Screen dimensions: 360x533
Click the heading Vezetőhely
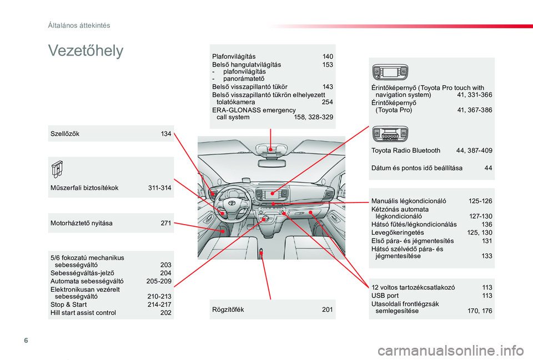coord(86,51)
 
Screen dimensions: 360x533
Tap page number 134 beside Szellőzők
coord(166,134)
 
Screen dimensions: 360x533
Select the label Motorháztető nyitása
coord(82,223)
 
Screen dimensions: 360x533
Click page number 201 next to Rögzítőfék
coord(328,309)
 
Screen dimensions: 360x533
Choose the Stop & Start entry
coord(68,305)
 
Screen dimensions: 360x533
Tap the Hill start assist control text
coord(83,312)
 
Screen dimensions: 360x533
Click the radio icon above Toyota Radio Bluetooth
coord(391,134)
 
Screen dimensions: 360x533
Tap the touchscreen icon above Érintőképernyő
coord(390,72)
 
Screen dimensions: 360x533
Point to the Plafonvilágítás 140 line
coord(272,57)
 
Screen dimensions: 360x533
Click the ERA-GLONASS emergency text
coord(254,110)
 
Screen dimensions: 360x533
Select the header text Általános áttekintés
coord(78,25)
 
